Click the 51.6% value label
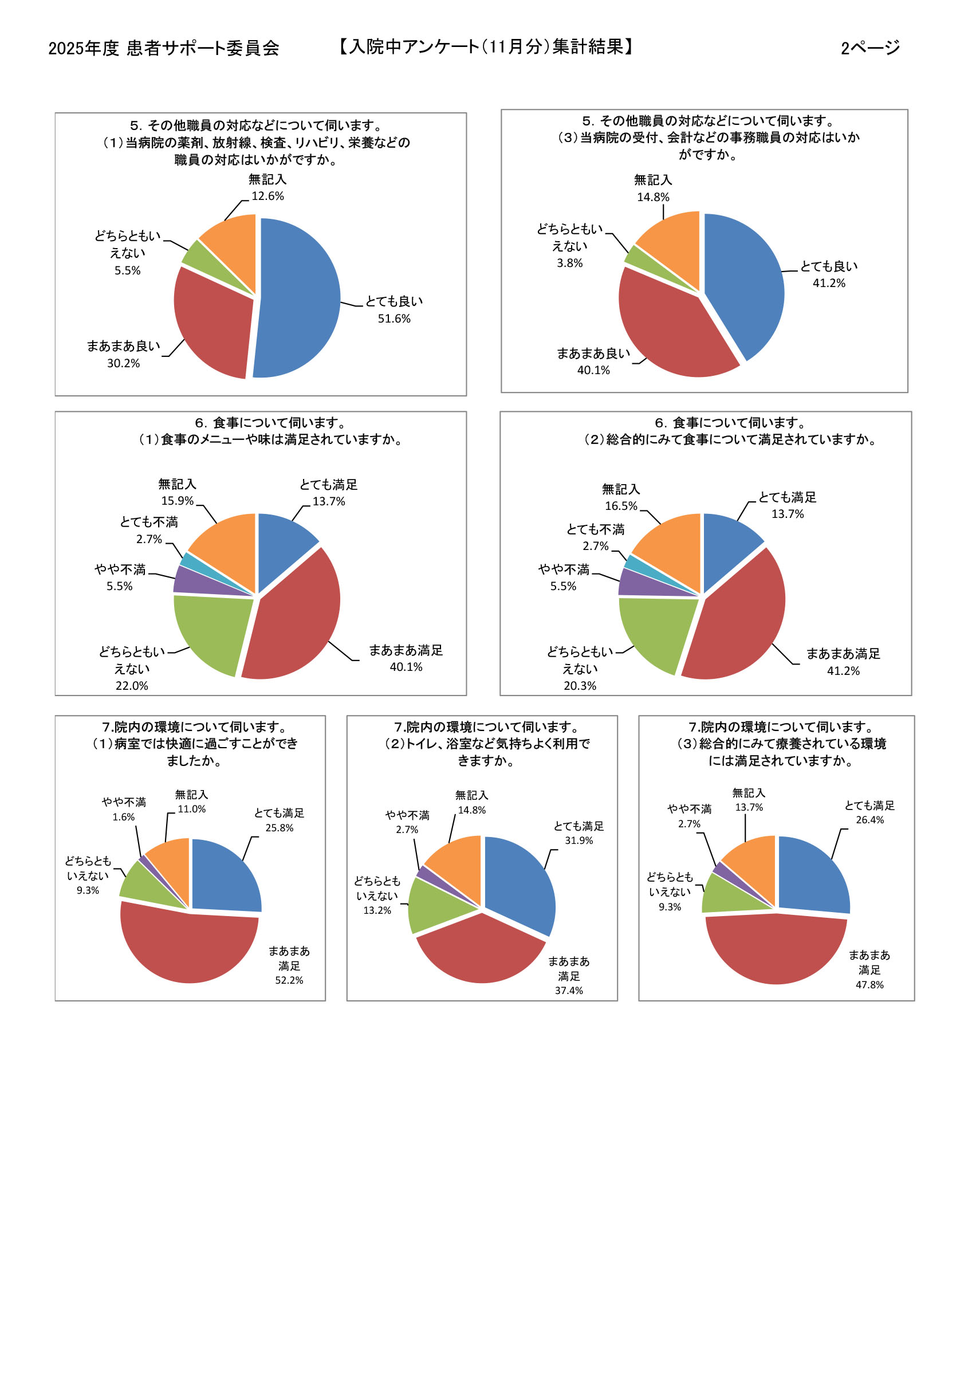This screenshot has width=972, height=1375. [394, 319]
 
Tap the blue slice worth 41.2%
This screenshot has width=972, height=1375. [746, 281]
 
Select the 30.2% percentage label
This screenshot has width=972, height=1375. [123, 363]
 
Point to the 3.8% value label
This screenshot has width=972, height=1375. [569, 263]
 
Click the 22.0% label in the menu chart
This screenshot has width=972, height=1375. [132, 686]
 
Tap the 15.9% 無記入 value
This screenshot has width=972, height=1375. [177, 501]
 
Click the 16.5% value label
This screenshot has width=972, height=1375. [621, 506]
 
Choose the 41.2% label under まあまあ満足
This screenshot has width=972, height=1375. [843, 671]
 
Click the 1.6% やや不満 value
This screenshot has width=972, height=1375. [123, 817]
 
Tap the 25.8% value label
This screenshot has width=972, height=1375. [279, 828]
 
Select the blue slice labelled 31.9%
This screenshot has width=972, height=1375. [518, 881]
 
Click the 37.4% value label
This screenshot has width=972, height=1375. [568, 991]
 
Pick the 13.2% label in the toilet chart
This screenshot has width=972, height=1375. [377, 910]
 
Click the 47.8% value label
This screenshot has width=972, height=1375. [869, 984]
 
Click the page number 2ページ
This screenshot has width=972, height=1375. [869, 48]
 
